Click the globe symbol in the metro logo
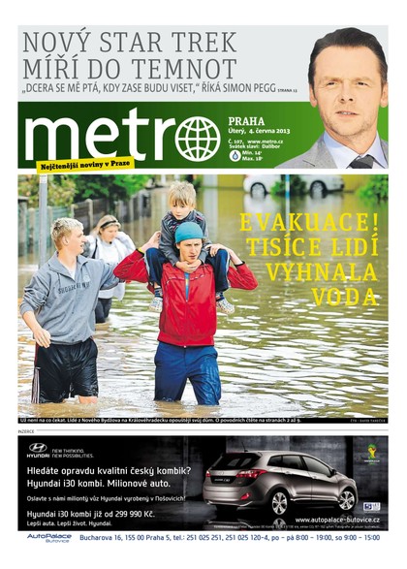tap(197, 138)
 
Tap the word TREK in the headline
tap(203, 43)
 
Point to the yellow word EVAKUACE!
tap(310, 221)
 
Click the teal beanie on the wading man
tap(189, 231)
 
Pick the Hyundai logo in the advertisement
tap(38, 448)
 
